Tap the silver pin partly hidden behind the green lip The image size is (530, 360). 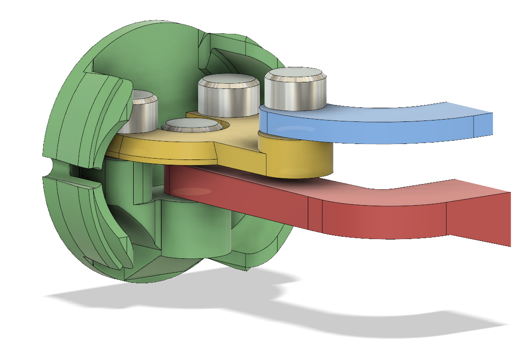[x=144, y=113]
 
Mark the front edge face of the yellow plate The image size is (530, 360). [x=165, y=153]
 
